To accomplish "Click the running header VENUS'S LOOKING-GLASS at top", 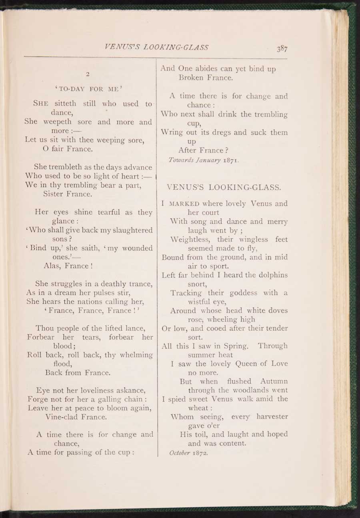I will tap(156, 46).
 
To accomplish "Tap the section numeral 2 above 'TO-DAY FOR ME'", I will tap(87, 73).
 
